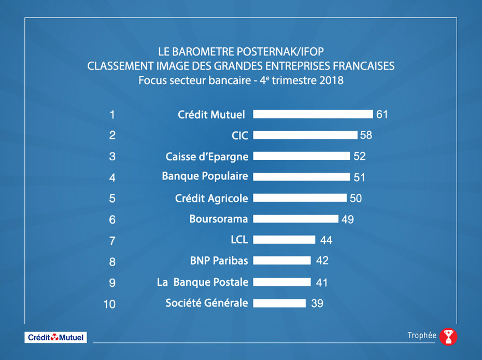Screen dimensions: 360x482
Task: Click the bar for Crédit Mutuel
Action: point(314,114)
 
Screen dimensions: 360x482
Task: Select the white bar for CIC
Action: point(305,135)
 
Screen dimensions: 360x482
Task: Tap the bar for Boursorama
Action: point(296,219)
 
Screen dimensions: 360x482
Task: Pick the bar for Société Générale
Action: point(280,303)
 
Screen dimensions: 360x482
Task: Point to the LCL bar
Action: point(285,240)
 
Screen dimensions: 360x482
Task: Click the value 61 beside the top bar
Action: point(382,114)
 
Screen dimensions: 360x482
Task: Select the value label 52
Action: point(359,156)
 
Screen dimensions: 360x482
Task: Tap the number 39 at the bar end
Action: point(317,303)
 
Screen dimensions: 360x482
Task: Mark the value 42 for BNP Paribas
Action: point(322,261)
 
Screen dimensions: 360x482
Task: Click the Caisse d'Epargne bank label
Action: point(207,156)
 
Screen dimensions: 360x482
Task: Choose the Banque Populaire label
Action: point(205,176)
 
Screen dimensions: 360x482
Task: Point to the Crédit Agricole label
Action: point(211,198)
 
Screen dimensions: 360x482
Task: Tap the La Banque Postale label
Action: point(203,282)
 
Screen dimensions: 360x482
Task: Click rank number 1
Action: point(112,115)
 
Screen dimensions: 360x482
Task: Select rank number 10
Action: point(109,304)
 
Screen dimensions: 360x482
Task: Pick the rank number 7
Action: point(112,241)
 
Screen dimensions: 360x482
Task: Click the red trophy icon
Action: point(448,337)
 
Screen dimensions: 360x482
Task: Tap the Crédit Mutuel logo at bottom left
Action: point(56,337)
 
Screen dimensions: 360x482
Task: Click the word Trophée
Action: point(422,336)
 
